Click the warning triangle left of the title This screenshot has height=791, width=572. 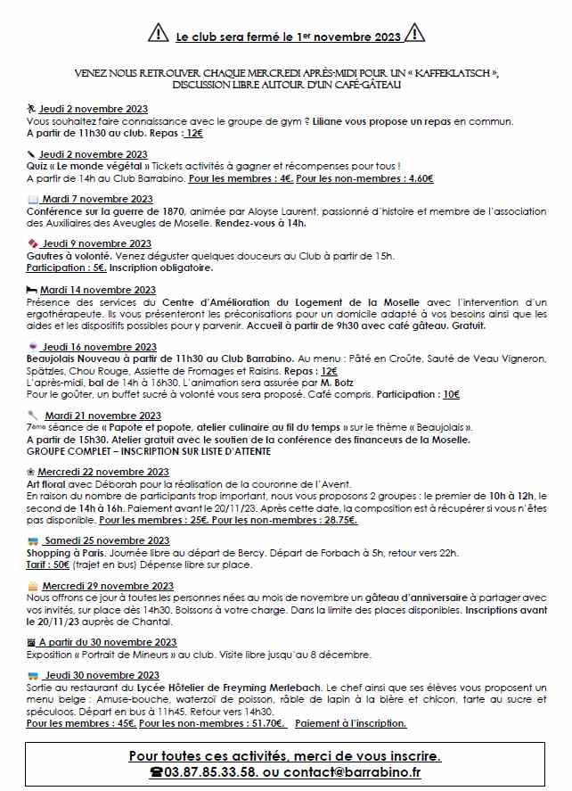coord(157,34)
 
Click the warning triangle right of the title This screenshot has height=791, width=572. coord(414,34)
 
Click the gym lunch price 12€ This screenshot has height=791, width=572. coord(193,133)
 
